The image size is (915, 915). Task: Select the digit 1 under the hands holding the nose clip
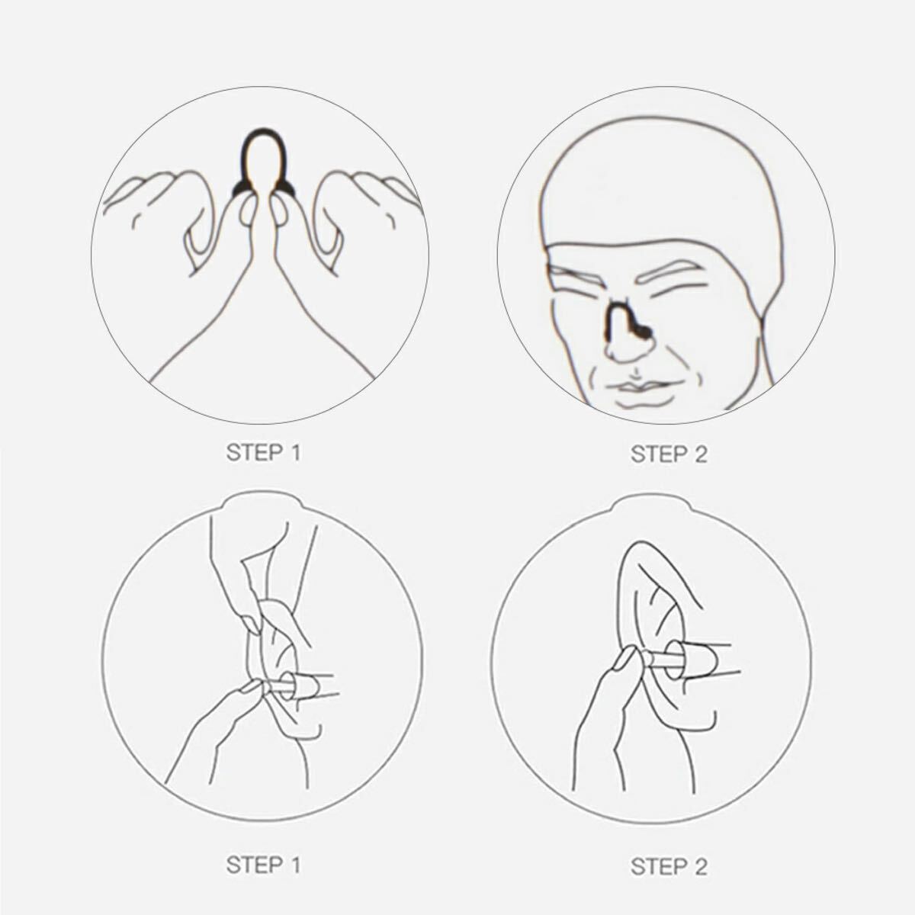coord(295,452)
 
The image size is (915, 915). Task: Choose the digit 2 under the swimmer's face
coord(701,454)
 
